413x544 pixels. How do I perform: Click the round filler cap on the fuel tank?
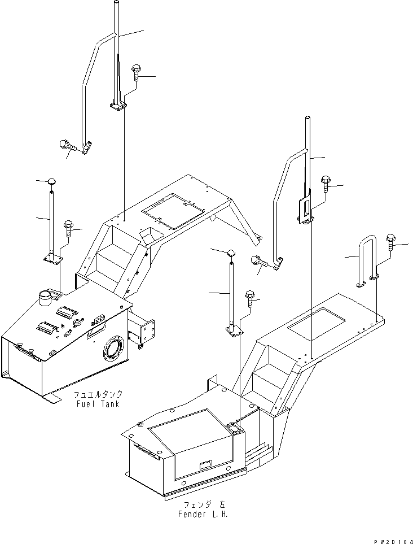point(44,296)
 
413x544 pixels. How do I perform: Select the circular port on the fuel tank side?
point(113,354)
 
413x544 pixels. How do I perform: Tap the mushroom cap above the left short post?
point(51,181)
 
